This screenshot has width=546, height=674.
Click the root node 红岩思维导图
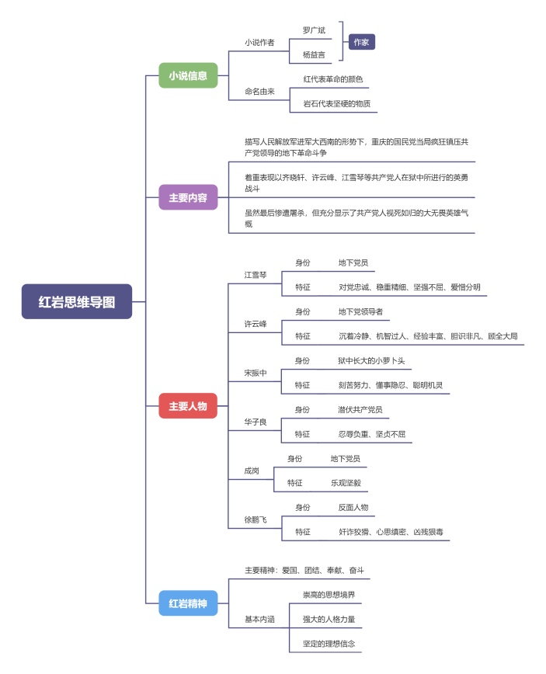(77, 301)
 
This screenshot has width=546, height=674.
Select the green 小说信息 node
(188, 75)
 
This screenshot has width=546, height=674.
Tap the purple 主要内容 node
(188, 197)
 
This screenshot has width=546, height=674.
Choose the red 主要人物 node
(188, 405)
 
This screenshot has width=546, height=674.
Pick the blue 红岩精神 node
(188, 603)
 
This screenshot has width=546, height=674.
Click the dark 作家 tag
(360, 42)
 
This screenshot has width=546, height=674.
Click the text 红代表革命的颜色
(332, 79)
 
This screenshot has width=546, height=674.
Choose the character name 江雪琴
(256, 274)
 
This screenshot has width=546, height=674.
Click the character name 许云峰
(256, 324)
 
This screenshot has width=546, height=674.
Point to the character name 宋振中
(256, 373)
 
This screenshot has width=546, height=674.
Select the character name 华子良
(256, 422)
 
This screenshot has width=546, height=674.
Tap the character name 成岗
(252, 471)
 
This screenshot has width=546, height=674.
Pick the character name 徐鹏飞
(256, 519)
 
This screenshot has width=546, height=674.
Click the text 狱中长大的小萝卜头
(370, 361)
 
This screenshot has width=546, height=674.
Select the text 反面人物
(353, 507)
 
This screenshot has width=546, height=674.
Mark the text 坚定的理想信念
(329, 644)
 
